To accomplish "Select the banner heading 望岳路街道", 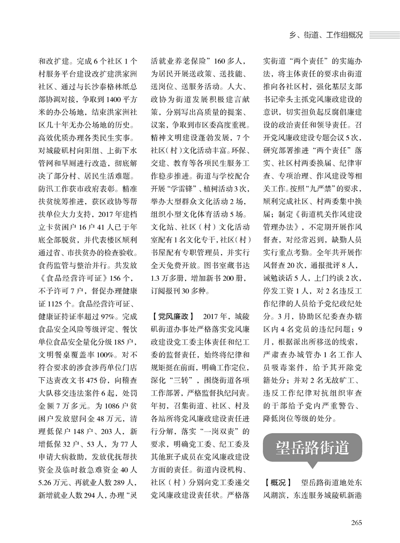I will (312, 447).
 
